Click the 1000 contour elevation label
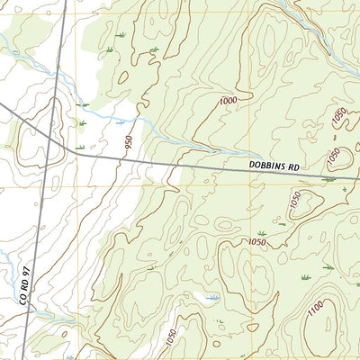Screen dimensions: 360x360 [228, 101]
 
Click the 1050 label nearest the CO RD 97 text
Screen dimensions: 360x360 [171, 336]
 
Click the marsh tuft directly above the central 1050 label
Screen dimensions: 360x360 [261, 233]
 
